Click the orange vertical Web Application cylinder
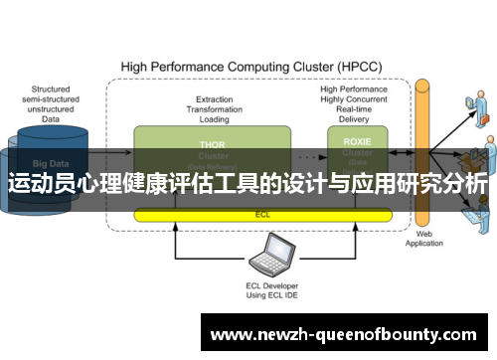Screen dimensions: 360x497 point(422,149)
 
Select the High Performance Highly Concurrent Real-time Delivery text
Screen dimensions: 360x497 point(355,102)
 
